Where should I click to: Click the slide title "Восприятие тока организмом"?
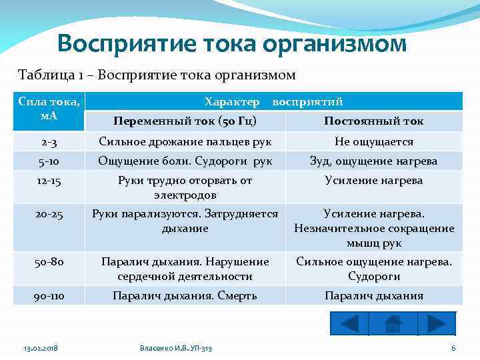(231, 43)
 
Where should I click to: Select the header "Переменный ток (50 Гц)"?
(185, 121)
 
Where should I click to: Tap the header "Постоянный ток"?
(373, 121)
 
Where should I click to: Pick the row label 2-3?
(49, 141)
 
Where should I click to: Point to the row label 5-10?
(49, 161)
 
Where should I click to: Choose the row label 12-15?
(49, 180)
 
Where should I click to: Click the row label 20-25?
(49, 215)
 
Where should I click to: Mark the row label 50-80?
(49, 262)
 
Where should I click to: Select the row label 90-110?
(49, 295)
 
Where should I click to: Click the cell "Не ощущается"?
(373, 141)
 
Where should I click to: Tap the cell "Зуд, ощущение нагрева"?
(373, 161)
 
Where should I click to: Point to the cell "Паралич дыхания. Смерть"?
(185, 295)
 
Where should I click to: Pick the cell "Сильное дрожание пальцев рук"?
(185, 141)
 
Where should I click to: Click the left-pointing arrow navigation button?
(349, 323)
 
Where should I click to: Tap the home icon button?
(393, 323)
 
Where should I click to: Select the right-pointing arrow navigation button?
(436, 323)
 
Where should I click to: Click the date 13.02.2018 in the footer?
(41, 349)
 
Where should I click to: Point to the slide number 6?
(453, 349)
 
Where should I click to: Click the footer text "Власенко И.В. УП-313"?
(176, 349)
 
